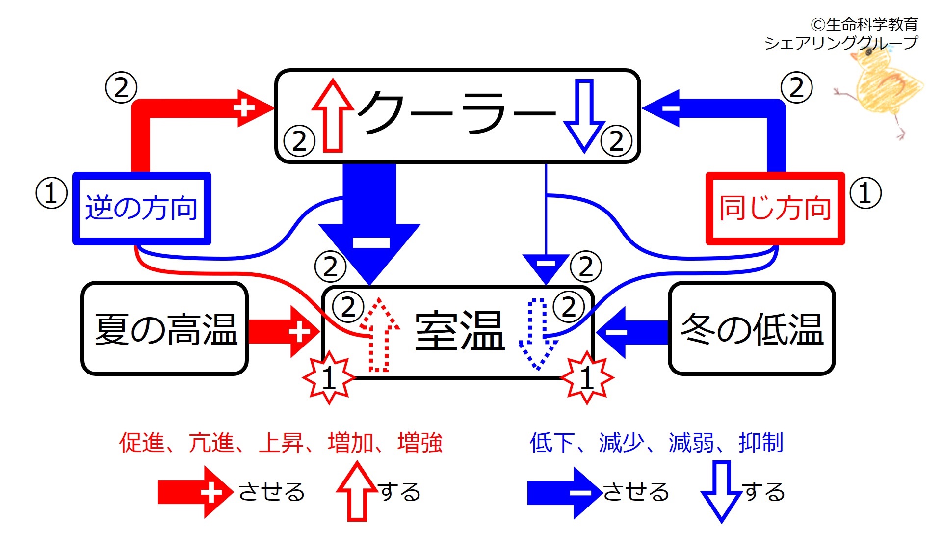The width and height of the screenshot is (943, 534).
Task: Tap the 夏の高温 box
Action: click(x=164, y=329)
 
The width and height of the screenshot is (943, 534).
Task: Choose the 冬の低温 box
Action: click(x=752, y=329)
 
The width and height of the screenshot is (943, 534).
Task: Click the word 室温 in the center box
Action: click(x=460, y=331)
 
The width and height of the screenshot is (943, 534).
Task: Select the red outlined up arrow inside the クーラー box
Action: click(x=333, y=115)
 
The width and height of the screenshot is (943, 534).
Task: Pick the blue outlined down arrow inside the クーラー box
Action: click(x=584, y=116)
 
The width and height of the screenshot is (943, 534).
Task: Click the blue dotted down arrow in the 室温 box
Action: click(x=538, y=334)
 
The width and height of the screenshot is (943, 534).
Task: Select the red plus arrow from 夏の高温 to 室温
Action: click(x=284, y=331)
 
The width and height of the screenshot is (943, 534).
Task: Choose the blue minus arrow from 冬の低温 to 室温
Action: click(x=632, y=332)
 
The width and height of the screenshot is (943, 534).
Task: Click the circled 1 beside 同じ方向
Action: click(x=865, y=193)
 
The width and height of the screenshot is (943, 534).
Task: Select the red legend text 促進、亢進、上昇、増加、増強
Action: click(x=281, y=443)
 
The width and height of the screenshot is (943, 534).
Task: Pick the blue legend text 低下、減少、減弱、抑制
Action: click(x=656, y=443)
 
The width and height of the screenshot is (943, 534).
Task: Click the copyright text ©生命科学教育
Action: click(x=864, y=24)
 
